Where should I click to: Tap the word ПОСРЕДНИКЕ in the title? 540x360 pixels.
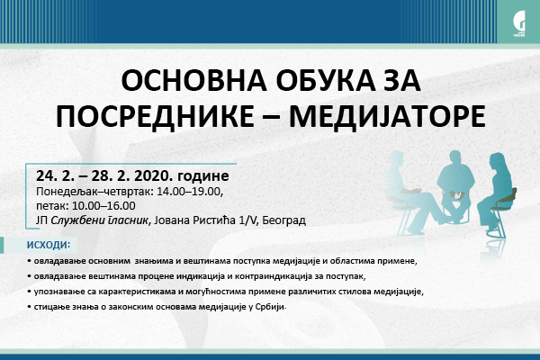tap(155, 116)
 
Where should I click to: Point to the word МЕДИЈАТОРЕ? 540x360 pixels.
tap(387, 116)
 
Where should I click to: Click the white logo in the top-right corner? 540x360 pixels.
tap(518, 23)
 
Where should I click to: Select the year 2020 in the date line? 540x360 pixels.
tap(153, 175)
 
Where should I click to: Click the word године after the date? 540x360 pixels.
tap(202, 176)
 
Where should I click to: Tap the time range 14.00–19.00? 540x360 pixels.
tap(190, 191)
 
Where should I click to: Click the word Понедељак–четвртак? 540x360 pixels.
tap(94, 192)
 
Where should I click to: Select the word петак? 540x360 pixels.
tap(52, 206)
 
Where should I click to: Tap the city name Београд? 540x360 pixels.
tap(284, 220)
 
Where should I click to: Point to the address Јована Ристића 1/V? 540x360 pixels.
tap(206, 220)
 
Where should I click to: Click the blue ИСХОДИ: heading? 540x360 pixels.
tap(49, 245)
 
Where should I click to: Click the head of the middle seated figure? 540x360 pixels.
tap(454, 157)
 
